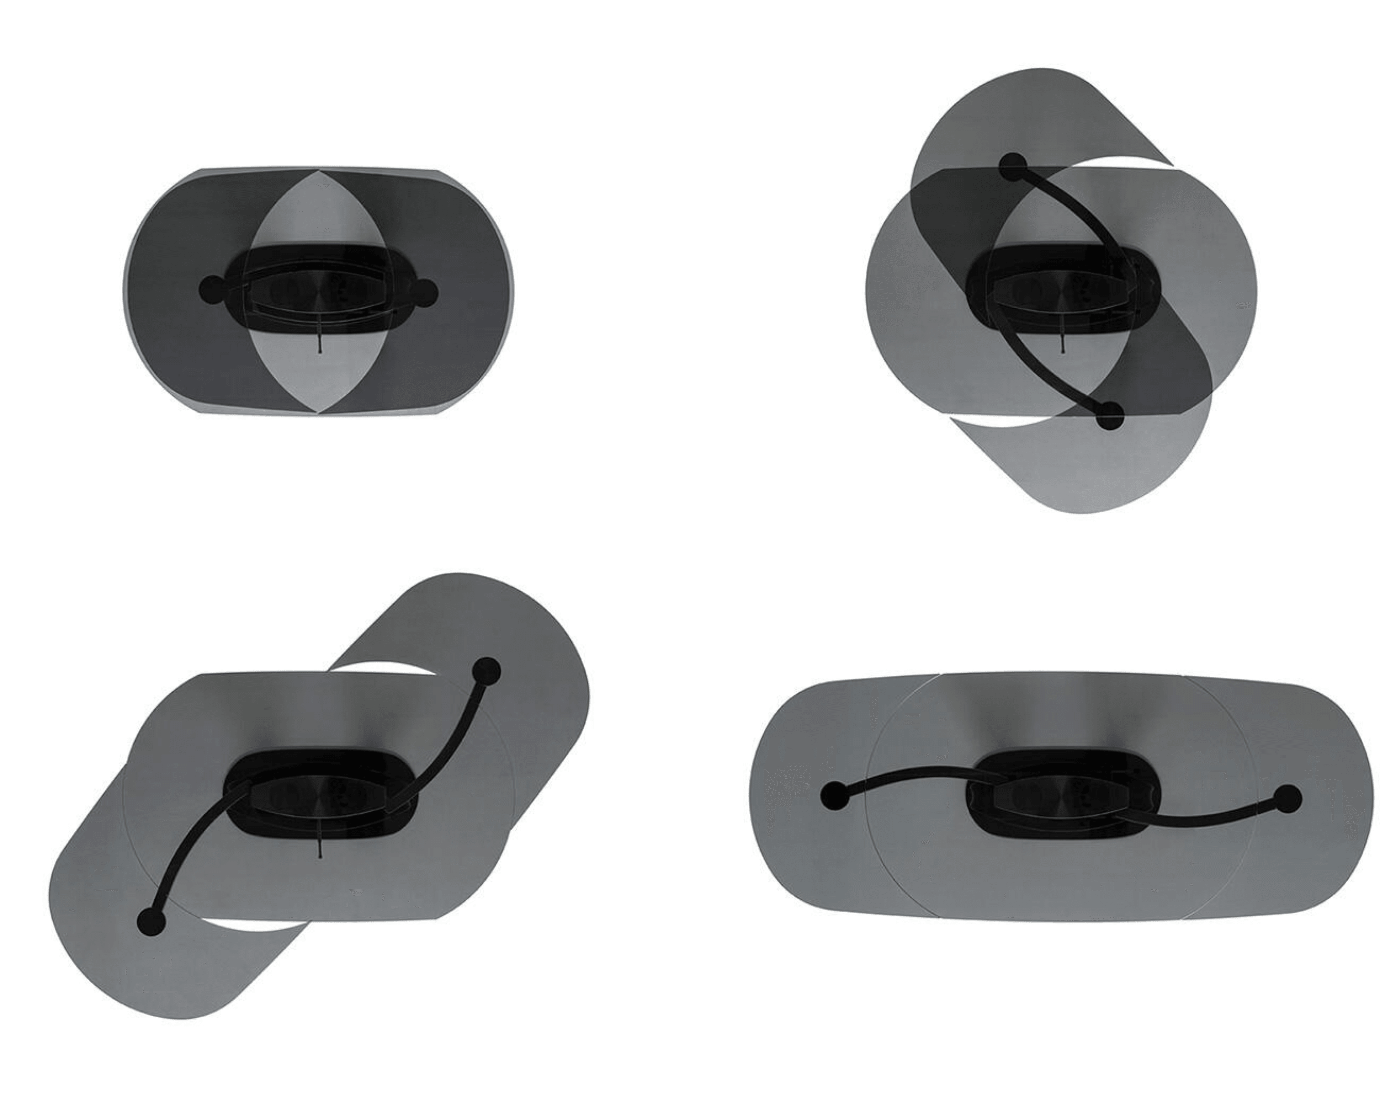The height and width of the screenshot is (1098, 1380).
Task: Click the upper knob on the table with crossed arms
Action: [x=1013, y=167]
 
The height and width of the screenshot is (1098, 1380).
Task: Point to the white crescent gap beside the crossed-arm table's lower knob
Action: [x=1005, y=420]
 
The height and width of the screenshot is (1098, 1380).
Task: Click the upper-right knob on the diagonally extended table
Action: [x=486, y=672]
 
